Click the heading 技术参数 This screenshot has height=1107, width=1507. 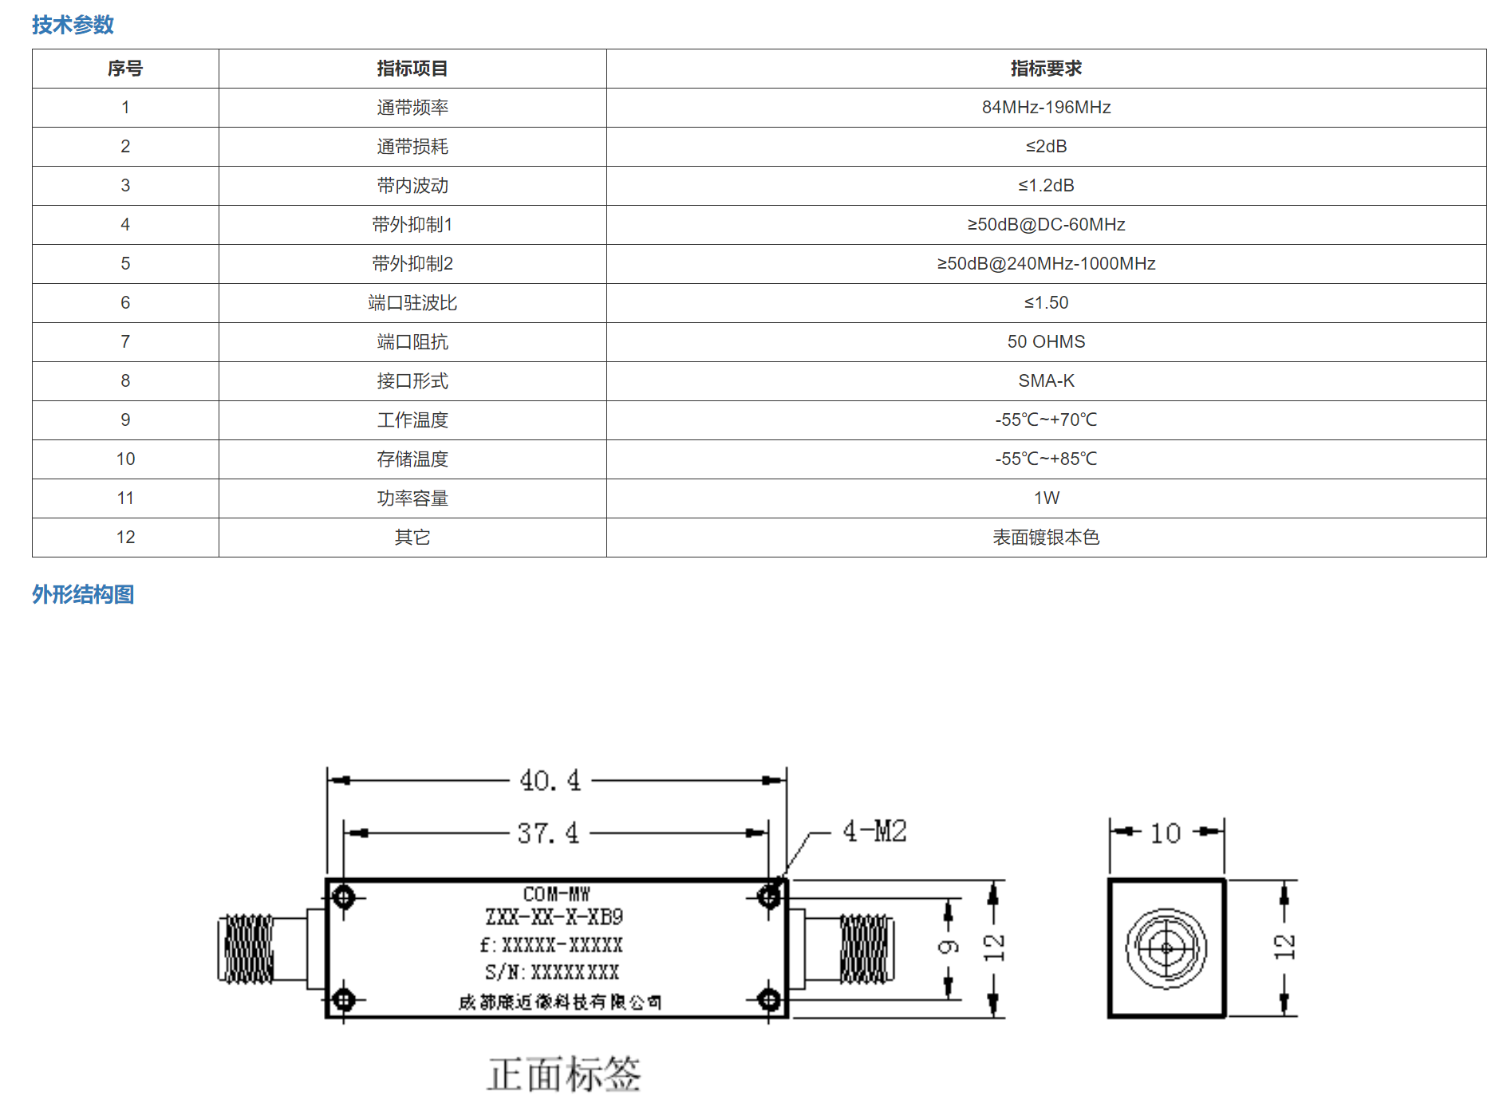(x=73, y=25)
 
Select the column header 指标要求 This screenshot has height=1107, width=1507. (x=1046, y=69)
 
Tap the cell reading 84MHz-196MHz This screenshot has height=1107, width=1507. (x=1046, y=108)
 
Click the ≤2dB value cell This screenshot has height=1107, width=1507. (x=1046, y=147)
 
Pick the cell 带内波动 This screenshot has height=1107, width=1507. (x=412, y=186)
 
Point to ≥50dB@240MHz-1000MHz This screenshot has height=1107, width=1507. (x=1046, y=264)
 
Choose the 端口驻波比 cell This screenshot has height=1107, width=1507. (x=412, y=303)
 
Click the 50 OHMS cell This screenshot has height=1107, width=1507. (x=1046, y=342)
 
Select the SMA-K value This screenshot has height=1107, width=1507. (x=1046, y=381)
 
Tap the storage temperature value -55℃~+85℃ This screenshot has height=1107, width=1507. (x=1046, y=459)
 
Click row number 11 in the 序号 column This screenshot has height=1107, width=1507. (x=125, y=498)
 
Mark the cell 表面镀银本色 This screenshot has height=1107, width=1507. (x=1046, y=538)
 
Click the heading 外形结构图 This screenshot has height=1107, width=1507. (x=83, y=594)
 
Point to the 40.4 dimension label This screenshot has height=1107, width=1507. (x=550, y=781)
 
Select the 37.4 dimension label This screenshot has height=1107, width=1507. (x=548, y=833)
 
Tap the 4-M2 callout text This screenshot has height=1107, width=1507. (x=874, y=831)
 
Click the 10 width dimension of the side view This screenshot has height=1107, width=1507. (x=1166, y=833)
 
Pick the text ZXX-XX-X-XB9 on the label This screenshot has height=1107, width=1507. (x=554, y=917)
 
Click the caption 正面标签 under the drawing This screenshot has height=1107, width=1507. (x=564, y=1074)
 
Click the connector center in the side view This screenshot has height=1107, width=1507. (x=1166, y=948)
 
